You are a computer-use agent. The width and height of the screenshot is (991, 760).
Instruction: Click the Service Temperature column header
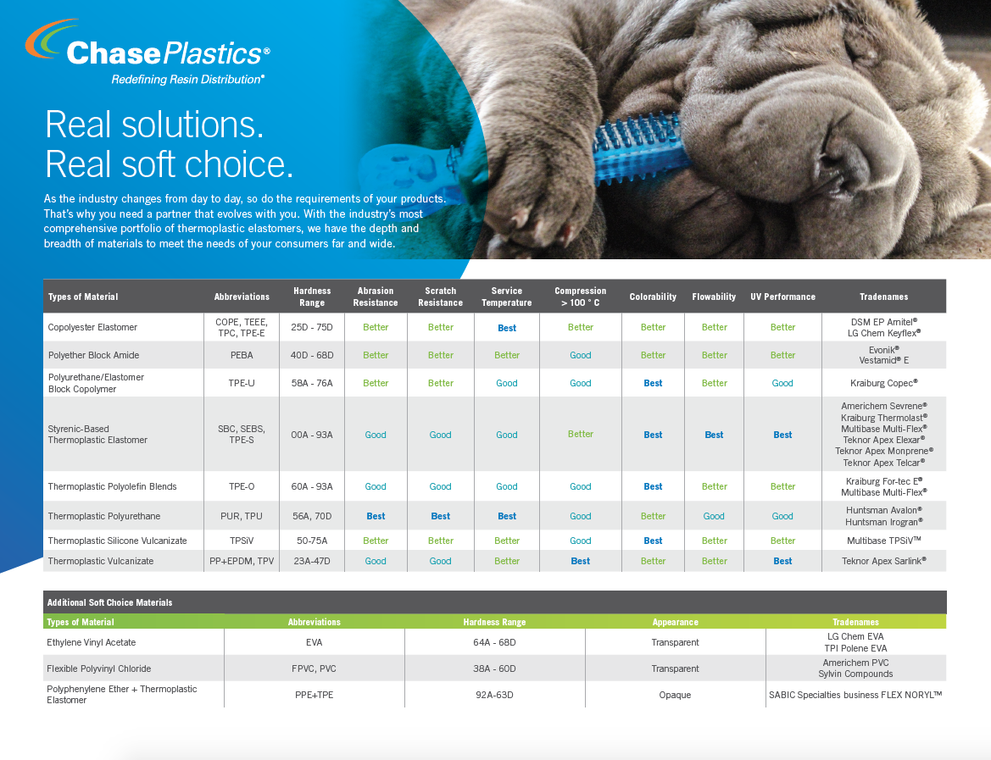506,297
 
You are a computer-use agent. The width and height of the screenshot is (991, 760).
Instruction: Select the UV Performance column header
782,297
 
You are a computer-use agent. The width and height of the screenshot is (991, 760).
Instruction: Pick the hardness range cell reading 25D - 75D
312,327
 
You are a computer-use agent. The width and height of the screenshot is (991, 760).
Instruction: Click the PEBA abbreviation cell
242,355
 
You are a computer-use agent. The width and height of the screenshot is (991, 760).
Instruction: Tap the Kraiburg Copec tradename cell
883,383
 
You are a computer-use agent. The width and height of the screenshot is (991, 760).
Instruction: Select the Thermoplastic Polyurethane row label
104,516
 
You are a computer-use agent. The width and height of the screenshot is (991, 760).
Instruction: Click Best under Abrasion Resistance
376,516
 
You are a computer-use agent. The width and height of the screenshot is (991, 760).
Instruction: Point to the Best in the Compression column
580,561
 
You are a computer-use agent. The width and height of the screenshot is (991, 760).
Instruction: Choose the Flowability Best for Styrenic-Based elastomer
714,435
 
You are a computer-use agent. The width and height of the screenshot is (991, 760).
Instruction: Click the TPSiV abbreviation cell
242,541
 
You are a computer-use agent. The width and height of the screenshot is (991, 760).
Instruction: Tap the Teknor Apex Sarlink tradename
883,561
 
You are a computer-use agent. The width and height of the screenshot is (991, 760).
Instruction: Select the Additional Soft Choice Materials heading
109,602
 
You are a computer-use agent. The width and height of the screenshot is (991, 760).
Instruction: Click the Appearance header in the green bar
675,622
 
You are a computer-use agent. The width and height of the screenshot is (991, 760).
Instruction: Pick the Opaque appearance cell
675,695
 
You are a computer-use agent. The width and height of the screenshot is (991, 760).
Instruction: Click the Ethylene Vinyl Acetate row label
91,642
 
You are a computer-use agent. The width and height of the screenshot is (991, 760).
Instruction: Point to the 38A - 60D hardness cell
494,668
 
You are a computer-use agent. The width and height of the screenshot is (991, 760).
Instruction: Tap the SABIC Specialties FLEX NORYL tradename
855,695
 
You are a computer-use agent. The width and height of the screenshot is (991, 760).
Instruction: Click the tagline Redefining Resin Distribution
187,80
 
